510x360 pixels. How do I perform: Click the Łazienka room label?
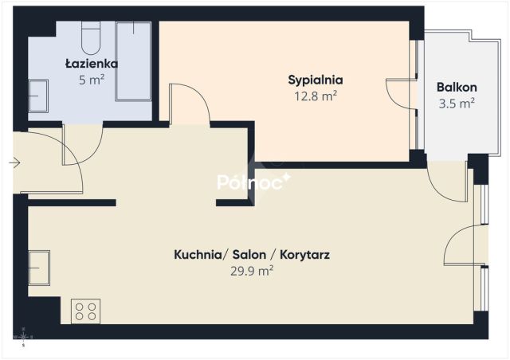point(92,64)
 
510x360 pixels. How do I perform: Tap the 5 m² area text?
point(92,80)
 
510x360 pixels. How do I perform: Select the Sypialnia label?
point(316,80)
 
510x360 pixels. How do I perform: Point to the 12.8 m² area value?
point(316,96)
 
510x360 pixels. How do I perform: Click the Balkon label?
point(457,87)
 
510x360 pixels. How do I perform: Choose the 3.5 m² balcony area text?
point(457,104)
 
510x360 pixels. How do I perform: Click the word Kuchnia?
point(198,255)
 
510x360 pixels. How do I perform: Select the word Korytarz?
point(304,255)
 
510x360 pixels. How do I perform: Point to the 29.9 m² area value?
point(252,271)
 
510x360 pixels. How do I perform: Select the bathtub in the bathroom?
point(133,61)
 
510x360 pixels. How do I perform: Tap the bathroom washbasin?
point(38,96)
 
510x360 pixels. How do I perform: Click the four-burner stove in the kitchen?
point(85,311)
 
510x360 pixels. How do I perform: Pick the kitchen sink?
point(39,268)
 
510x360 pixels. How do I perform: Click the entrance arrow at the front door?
point(15,162)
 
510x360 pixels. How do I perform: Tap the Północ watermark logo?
point(253,182)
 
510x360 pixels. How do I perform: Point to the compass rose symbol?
point(23,337)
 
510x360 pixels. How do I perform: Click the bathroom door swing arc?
point(91,154)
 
